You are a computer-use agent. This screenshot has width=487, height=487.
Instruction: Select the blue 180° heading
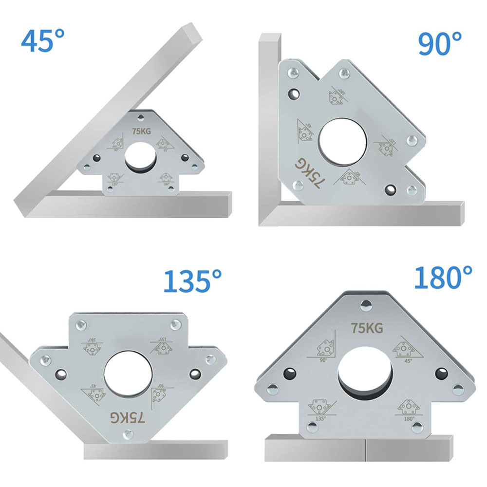tap(443, 278)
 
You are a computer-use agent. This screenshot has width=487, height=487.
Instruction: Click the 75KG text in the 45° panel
tap(141, 131)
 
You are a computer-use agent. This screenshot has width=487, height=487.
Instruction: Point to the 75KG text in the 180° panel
tap(367, 328)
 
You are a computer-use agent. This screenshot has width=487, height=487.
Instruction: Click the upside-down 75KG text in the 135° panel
tap(128, 417)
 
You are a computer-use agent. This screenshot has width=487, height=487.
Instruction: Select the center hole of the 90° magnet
tap(342, 141)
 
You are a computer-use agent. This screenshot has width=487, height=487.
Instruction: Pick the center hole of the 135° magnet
tap(128, 374)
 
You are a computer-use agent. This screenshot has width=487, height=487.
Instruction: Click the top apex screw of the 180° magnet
tap(364, 306)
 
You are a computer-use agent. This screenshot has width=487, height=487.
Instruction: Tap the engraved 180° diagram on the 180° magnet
tap(408, 408)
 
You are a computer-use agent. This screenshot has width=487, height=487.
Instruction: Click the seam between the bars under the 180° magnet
tap(365, 448)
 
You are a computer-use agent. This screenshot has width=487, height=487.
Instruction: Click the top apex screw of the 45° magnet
tap(141, 117)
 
